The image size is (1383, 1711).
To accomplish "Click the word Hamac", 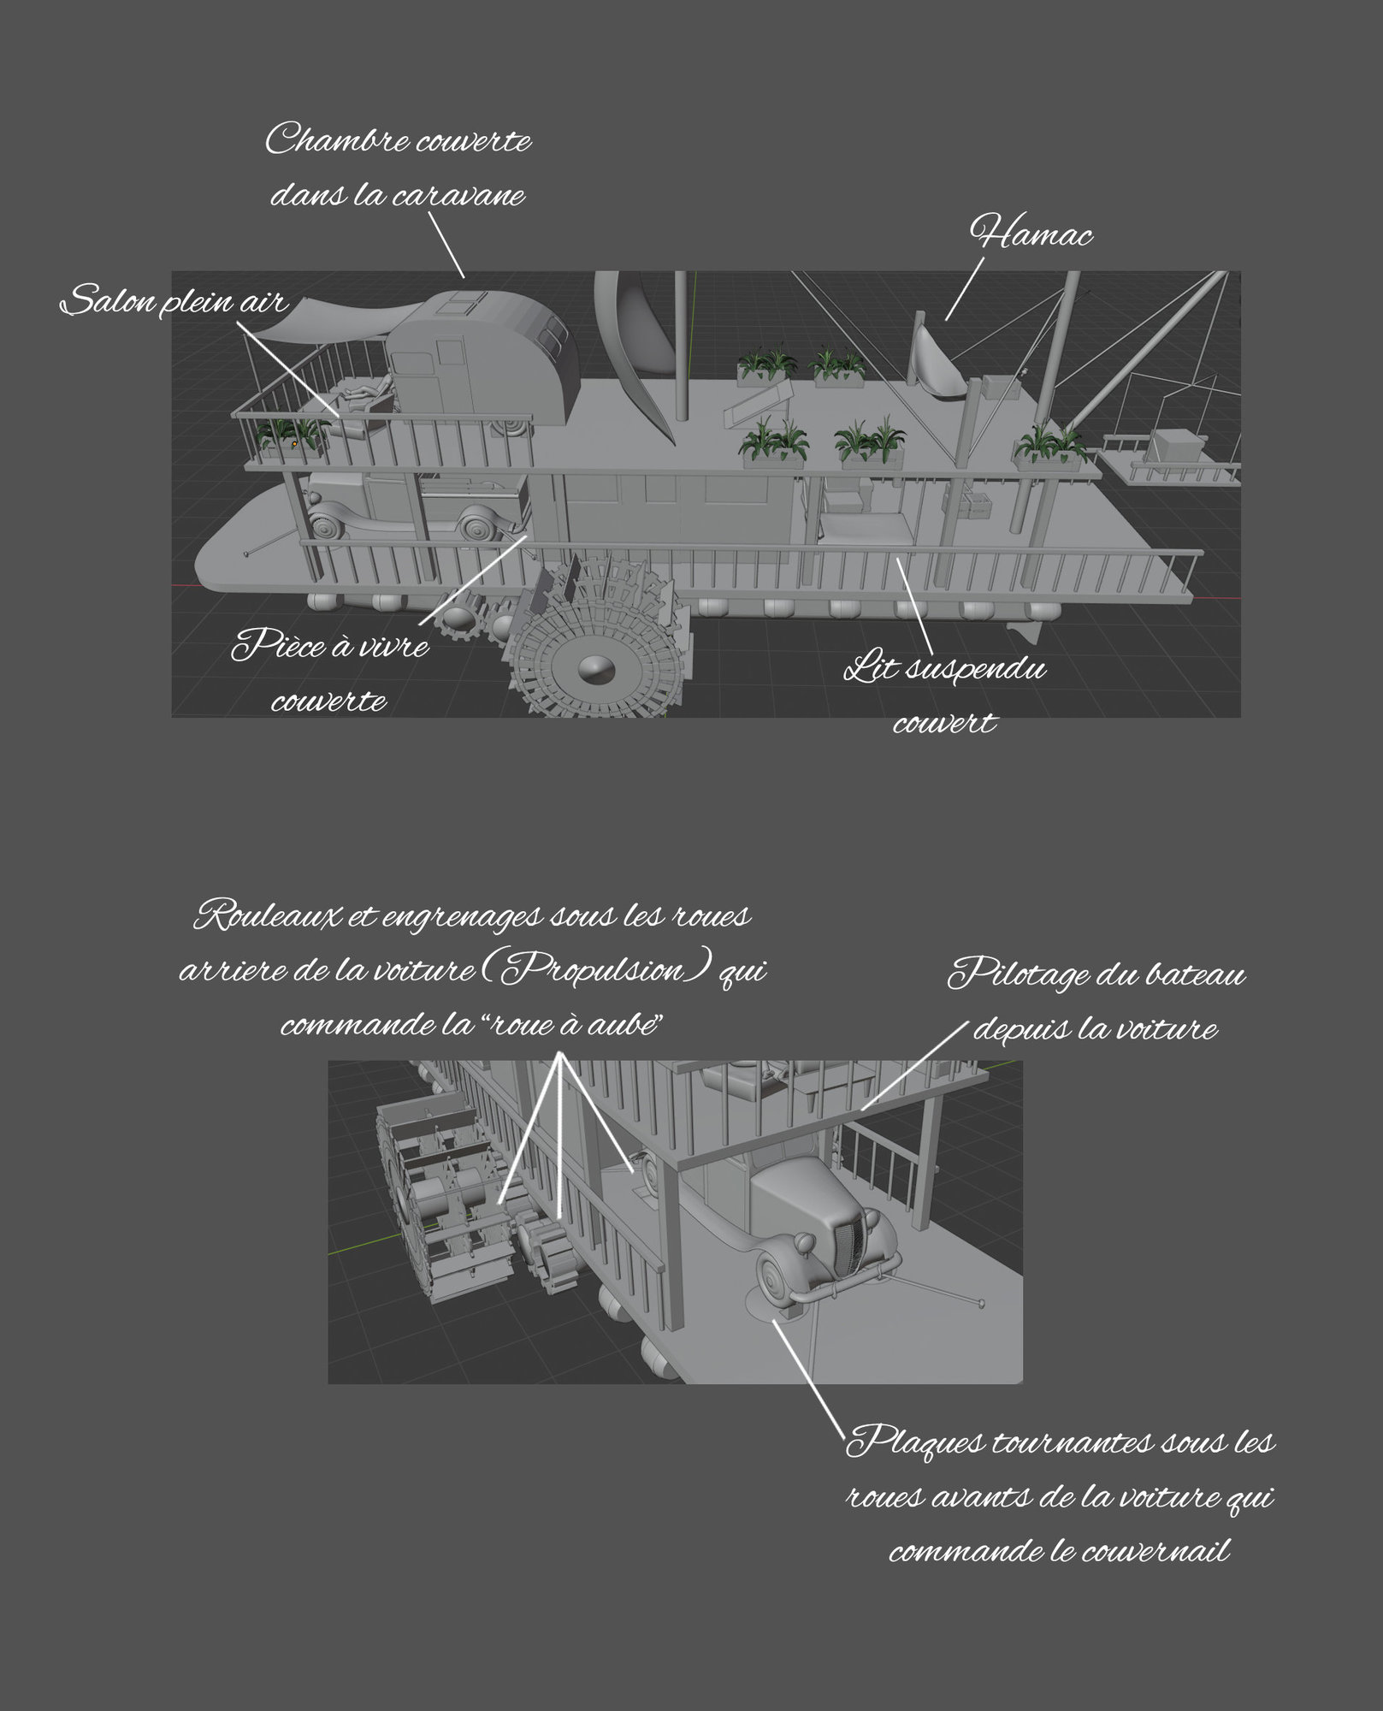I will (x=1031, y=233).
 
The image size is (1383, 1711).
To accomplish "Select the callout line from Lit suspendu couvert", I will (x=915, y=603).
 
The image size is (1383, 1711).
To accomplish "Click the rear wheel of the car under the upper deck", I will (x=477, y=523).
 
